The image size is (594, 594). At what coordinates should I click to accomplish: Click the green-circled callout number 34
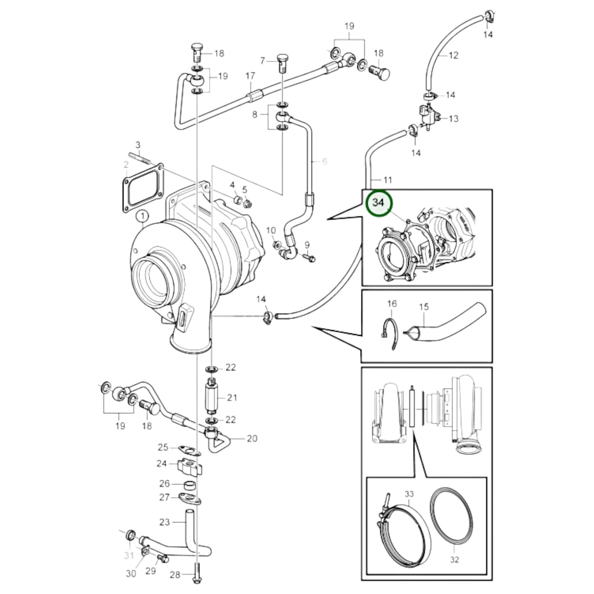click(x=378, y=203)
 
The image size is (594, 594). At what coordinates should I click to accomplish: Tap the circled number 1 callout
click(x=142, y=216)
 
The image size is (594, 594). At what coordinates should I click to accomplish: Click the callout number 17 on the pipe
click(x=250, y=76)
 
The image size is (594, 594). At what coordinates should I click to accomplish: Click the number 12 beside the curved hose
click(x=453, y=55)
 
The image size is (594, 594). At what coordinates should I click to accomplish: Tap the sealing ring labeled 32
click(x=451, y=514)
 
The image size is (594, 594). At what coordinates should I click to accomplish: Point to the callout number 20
click(x=252, y=439)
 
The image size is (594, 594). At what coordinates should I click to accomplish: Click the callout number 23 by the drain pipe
click(x=164, y=522)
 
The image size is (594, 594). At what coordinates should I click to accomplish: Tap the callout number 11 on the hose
click(x=387, y=180)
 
